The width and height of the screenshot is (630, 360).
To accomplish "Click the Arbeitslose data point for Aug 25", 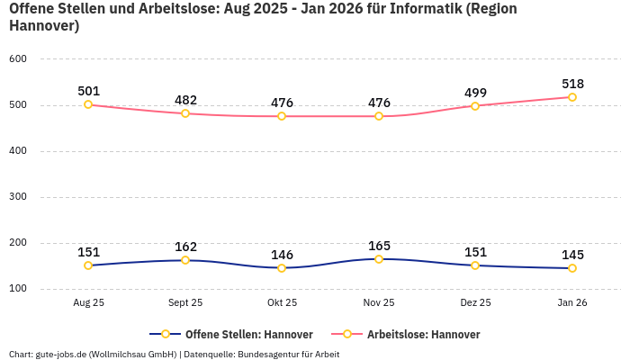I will click(x=88, y=104).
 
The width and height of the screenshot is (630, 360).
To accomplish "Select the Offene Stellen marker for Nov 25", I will click(x=379, y=259).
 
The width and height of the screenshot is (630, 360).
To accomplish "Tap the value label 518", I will click(x=572, y=84).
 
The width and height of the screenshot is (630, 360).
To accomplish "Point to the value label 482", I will click(x=185, y=100).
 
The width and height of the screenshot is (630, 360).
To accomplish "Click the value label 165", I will click(x=379, y=246).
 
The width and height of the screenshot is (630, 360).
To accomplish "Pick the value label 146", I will click(x=282, y=255).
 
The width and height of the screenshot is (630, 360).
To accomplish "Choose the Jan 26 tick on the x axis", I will click(x=572, y=303).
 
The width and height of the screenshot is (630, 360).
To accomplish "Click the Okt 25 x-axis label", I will click(x=282, y=303).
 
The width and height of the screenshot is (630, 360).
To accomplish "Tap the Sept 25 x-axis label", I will click(x=185, y=303).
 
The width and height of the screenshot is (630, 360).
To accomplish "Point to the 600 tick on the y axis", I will click(x=18, y=58).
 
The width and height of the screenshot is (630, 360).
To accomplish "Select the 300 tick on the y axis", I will click(x=18, y=197).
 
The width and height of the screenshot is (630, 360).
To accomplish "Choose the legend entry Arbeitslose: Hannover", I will click(x=423, y=335).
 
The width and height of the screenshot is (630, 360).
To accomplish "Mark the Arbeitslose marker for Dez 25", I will click(x=475, y=106).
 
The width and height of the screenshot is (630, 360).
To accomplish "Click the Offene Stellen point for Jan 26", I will click(x=572, y=268).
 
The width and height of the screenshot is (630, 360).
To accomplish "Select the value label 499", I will click(x=475, y=93).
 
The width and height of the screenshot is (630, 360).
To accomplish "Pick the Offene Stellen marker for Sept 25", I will click(x=185, y=260).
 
